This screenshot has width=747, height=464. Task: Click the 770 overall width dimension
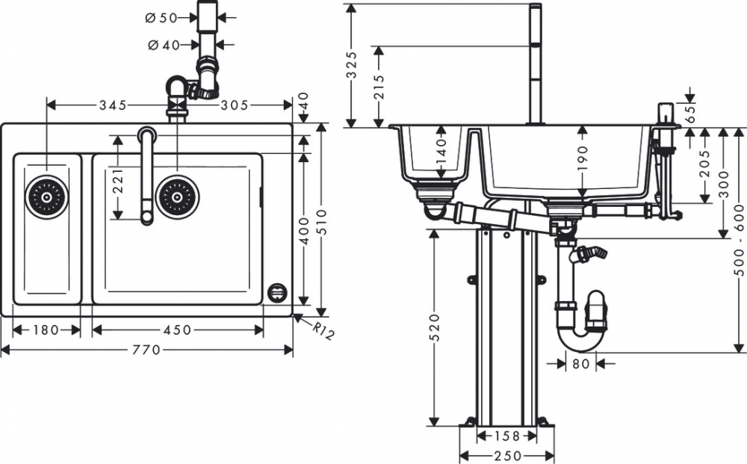[146, 350]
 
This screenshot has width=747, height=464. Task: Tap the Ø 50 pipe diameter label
[161, 18]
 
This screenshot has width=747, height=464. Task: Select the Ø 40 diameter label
[164, 46]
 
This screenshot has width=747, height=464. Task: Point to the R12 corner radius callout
[323, 330]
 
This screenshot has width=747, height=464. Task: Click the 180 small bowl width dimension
[46, 330]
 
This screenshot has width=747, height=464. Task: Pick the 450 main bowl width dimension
[177, 330]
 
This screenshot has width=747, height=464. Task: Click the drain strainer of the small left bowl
[46, 197]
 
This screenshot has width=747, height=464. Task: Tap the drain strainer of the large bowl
[177, 197]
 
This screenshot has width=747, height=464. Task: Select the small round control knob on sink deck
[277, 291]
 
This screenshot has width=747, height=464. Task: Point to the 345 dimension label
[113, 105]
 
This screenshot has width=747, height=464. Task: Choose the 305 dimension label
[235, 105]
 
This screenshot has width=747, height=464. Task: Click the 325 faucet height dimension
[352, 65]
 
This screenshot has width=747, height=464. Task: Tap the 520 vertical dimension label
[435, 328]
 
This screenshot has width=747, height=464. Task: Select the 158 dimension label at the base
[507, 436]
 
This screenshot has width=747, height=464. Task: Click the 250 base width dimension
[508, 456]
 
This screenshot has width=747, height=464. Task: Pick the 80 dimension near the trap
[580, 364]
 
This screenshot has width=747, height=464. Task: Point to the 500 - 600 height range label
[740, 240]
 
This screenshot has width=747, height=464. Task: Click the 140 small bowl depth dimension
[441, 151]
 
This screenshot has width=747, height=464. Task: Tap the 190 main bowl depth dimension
[582, 158]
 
